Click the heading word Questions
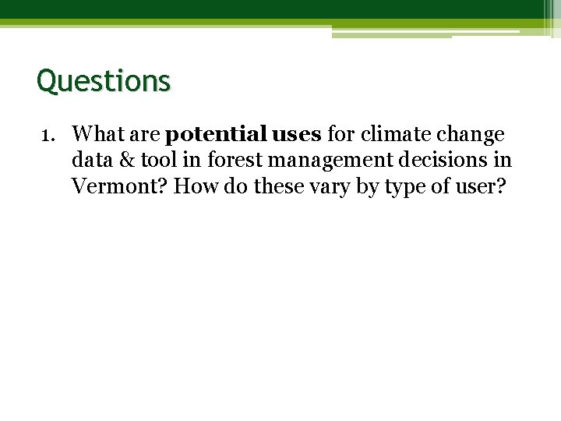coord(103,80)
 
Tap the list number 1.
coord(46,135)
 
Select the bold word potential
coord(215,135)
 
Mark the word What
coord(97,135)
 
